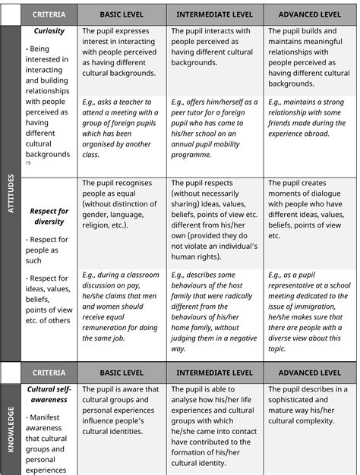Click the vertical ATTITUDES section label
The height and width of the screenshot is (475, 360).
[11, 194]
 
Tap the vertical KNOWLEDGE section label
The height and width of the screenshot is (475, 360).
[11, 429]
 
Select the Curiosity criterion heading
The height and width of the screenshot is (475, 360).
[49, 32]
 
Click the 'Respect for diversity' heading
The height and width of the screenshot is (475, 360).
[49, 216]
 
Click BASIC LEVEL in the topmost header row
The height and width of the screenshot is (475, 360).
[122, 14]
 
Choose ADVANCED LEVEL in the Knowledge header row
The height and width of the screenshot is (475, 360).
[309, 373]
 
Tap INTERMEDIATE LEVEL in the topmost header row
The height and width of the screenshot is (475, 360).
[215, 14]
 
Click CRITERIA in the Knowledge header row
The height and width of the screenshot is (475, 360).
[49, 373]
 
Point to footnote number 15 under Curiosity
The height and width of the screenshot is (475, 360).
[28, 163]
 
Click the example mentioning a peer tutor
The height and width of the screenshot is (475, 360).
[214, 127]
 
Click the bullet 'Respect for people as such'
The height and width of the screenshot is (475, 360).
[47, 250]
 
